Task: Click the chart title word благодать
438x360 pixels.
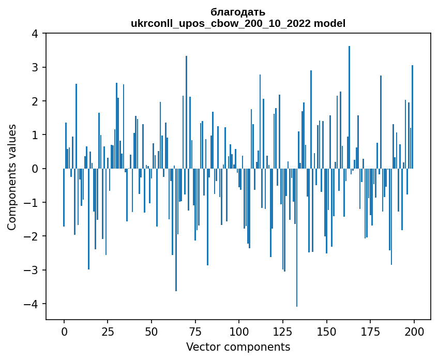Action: coord(238,12)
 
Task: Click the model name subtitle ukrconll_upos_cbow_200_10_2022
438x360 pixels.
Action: coord(238,23)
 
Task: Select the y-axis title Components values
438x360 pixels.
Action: coord(11,177)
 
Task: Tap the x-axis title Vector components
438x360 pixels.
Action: coord(238,347)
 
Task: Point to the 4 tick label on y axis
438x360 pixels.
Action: coord(35,34)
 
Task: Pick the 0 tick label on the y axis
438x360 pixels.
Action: coord(35,169)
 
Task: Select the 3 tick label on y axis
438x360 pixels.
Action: coord(35,68)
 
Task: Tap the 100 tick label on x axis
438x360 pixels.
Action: coord(239,332)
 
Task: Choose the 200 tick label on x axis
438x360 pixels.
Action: coord(414,332)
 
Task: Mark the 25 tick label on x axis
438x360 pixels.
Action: coord(108,332)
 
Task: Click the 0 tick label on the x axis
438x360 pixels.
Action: coord(64,332)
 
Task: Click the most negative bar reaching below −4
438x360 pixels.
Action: coord(297,237)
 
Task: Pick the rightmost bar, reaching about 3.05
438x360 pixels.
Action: coord(412,117)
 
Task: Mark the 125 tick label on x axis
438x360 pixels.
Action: coord(283,332)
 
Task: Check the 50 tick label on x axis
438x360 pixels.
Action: coord(152,332)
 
